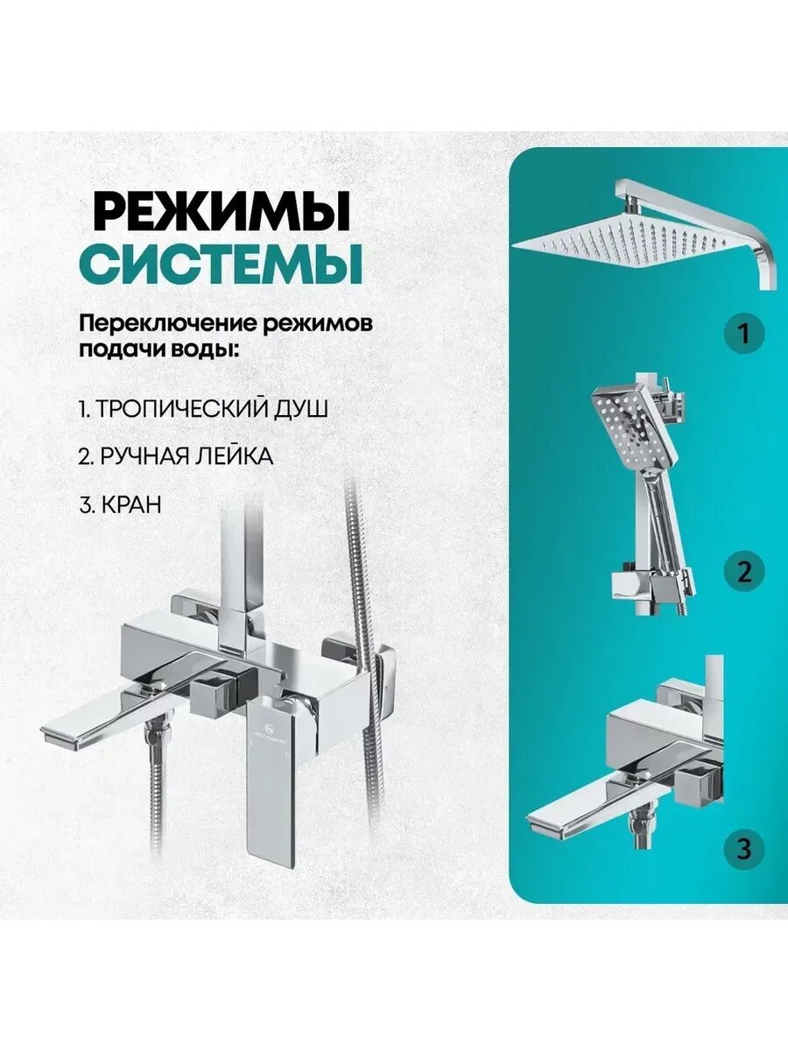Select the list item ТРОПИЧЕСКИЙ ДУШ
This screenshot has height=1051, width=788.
203,409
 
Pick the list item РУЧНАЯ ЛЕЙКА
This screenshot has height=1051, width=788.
175,457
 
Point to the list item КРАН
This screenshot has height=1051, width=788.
119,505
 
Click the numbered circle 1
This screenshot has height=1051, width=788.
744,333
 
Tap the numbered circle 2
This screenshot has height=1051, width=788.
744,572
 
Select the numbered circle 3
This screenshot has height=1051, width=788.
744,849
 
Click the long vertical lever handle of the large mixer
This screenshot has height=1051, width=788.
271,779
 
